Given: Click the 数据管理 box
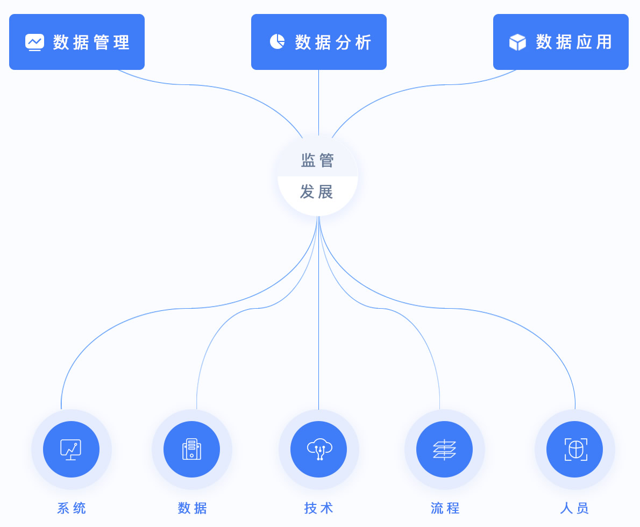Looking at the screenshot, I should point(77,42).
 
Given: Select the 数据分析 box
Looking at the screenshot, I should point(319,42).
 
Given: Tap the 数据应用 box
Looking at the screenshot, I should point(561,42).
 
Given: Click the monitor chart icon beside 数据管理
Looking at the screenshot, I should point(34,42).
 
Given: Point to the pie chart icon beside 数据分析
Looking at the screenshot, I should point(277,41).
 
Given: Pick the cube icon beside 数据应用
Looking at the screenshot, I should point(517,42).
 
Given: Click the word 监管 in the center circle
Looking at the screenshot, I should point(317,160).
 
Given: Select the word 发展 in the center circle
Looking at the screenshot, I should point(317,192).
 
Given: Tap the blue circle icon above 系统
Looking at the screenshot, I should point(71,449).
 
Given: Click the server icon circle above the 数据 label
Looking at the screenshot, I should point(191,449).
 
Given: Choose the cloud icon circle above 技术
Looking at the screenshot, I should point(318,449).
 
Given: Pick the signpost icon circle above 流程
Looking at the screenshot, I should point(444,449).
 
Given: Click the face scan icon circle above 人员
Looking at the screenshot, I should point(574,449).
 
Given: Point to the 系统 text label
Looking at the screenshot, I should point(72,508).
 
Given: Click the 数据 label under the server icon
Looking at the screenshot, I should point(192,508).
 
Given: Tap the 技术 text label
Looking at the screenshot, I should point(318,508).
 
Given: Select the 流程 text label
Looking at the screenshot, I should point(445,508).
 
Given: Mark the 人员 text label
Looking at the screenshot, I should point(574,508).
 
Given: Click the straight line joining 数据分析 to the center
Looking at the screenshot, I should point(318,102).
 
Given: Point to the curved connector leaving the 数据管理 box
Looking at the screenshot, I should point(188,84).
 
